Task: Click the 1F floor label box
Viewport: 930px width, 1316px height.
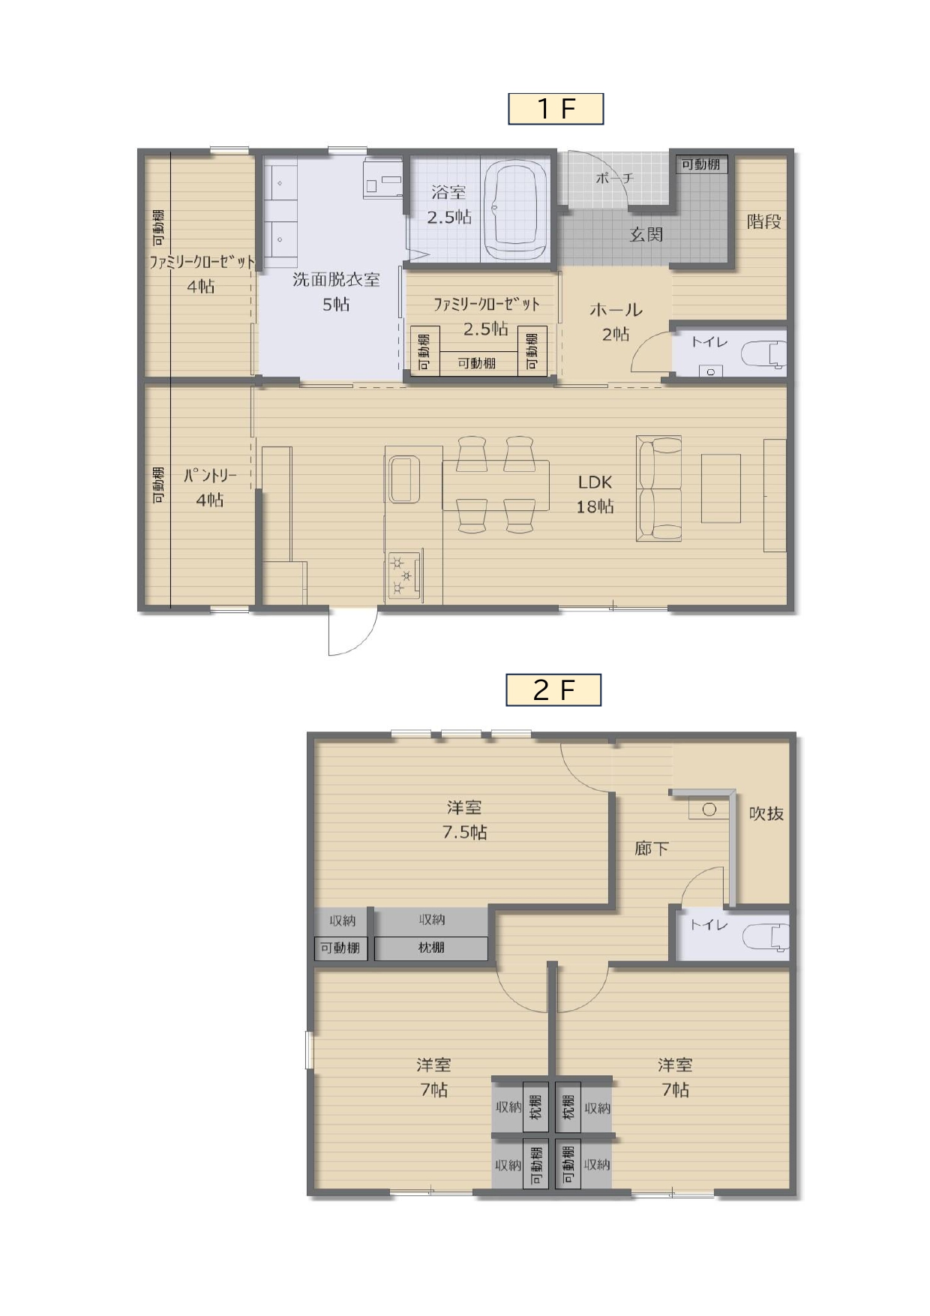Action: click(x=556, y=109)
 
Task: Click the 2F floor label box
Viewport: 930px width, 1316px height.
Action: click(x=553, y=690)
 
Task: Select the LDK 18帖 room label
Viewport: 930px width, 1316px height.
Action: click(x=595, y=494)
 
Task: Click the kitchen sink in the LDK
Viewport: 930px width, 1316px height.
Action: click(x=404, y=479)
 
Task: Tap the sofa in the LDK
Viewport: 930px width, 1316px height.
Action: click(x=658, y=488)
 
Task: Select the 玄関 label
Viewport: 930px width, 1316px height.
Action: click(x=646, y=234)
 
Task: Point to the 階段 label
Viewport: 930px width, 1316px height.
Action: click(x=763, y=221)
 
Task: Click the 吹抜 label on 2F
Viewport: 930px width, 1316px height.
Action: click(x=766, y=813)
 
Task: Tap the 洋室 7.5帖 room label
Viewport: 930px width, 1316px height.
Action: click(x=464, y=820)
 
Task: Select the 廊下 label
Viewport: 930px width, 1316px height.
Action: click(x=651, y=849)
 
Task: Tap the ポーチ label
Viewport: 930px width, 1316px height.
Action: click(x=614, y=178)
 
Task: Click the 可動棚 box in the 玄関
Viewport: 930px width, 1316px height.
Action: click(x=701, y=164)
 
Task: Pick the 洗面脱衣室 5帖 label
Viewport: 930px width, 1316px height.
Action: click(x=336, y=292)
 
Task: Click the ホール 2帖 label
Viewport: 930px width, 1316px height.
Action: click(x=616, y=322)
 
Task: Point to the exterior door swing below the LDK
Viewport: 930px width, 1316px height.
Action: click(x=352, y=632)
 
